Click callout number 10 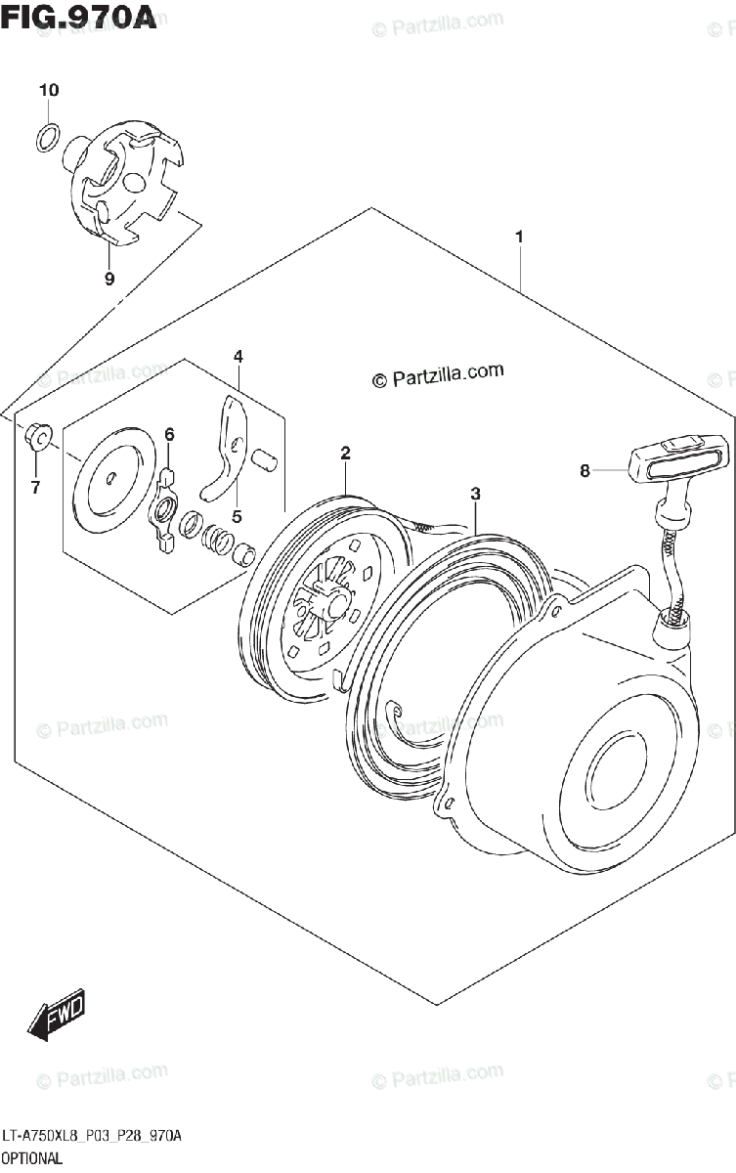pos(49,91)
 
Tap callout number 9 pos(109,279)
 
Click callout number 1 pos(519,237)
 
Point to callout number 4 pos(238,357)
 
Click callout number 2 pos(345,453)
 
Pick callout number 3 pos(475,495)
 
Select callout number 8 pos(584,471)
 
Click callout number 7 pos(35,488)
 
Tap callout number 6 pos(168,434)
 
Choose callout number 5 pos(237,515)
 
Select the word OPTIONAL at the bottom pos(31,1158)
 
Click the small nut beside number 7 pos(37,437)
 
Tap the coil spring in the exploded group pos(219,538)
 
